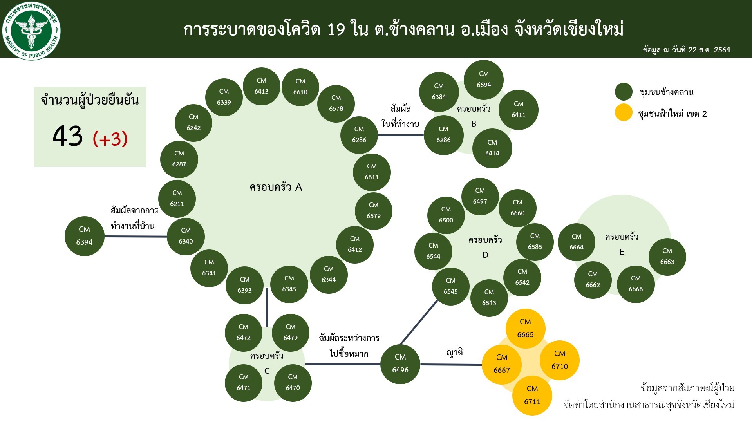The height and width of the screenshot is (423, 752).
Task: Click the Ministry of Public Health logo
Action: pos(31,31)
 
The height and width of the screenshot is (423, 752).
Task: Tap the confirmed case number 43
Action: pos(68,136)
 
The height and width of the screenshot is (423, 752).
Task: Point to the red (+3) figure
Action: pos(110,139)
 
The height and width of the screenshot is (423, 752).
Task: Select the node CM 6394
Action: pos(85,236)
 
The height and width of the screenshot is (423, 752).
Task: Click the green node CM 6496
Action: pos(400,364)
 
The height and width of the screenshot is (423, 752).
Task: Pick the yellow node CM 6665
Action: pos(525,328)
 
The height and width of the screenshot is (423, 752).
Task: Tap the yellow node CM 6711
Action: pos(532,395)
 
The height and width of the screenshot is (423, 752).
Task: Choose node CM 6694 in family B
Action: pos(484,80)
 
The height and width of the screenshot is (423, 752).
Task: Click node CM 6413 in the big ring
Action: pos(262,86)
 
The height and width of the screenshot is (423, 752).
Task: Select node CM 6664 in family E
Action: pos(577,242)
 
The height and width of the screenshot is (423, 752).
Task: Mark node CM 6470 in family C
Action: pos(293,383)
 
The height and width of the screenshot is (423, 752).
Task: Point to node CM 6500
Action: pos(446,215)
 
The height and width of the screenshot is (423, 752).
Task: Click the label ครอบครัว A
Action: pos(276,187)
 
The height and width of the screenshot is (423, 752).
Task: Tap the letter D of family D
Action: pos(485,255)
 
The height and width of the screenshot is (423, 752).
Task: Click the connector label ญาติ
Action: pos(455,352)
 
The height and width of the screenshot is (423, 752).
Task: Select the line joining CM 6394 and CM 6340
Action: pos(136,236)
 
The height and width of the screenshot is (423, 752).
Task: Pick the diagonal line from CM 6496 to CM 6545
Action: pos(419,322)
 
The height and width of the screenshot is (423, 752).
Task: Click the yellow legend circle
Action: pos(624,113)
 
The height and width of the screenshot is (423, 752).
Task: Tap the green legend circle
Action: pos(624,92)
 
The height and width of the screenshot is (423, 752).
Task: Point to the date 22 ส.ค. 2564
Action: pos(709,50)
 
